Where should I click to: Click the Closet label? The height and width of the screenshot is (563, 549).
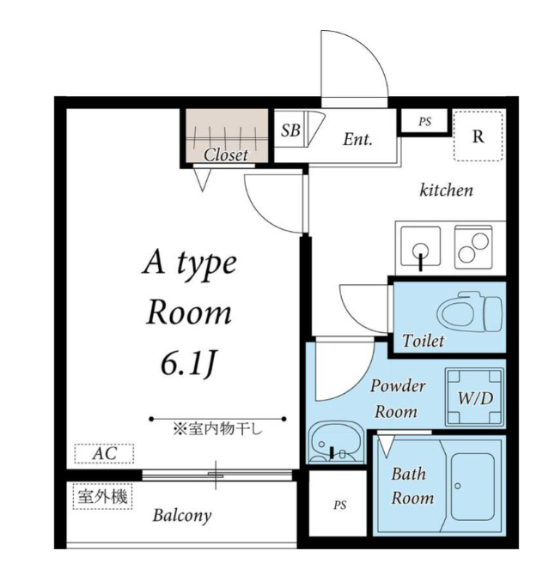(x=226, y=155)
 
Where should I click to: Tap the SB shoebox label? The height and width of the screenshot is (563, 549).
(x=290, y=130)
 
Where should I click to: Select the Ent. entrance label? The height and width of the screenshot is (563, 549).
(x=357, y=139)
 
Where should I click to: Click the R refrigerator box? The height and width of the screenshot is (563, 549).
(x=478, y=136)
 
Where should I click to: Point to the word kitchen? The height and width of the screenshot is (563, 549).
(x=445, y=190)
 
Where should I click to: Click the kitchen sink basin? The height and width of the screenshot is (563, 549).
(x=419, y=245)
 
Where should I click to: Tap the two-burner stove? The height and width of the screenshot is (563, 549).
(x=473, y=245)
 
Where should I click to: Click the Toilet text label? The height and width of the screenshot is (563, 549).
(x=423, y=341)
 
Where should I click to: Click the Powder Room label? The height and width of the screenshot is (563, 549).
(x=398, y=398)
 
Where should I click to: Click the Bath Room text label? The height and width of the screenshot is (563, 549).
(x=412, y=485)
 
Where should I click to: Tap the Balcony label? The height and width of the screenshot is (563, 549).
(x=181, y=516)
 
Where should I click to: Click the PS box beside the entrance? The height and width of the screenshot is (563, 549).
(x=424, y=122)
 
